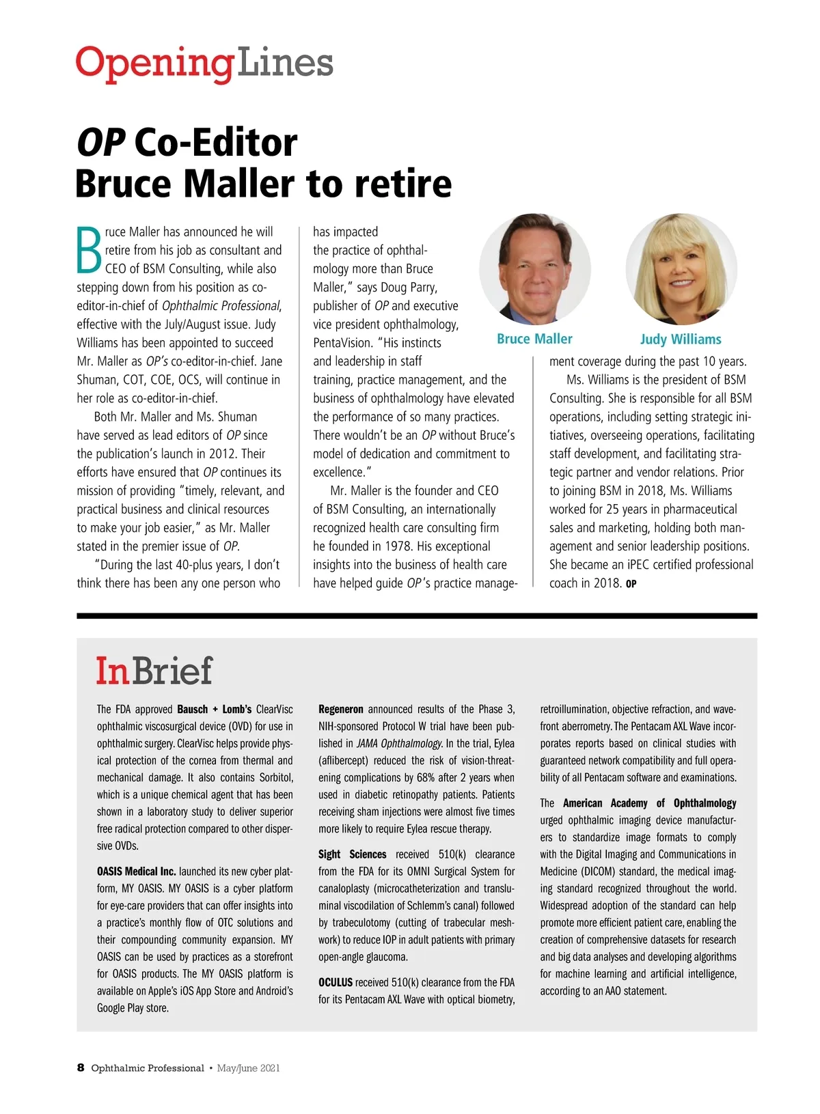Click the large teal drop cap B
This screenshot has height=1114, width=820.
pyautogui.click(x=89, y=249)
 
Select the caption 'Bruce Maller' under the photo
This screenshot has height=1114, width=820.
pyautogui.click(x=534, y=339)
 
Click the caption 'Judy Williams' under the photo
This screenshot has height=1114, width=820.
pyautogui.click(x=681, y=339)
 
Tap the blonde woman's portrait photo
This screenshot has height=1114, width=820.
pyautogui.click(x=681, y=269)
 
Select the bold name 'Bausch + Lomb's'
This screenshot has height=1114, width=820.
pyautogui.click(x=214, y=709)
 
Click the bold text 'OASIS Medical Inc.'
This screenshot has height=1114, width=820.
pyautogui.click(x=137, y=872)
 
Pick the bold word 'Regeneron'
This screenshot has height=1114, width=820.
pyautogui.click(x=341, y=709)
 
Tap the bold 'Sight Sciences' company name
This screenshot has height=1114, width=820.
pyautogui.click(x=352, y=854)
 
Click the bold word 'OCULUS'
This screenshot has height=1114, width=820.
pyautogui.click(x=336, y=982)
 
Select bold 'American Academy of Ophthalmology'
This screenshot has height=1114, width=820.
pyautogui.click(x=649, y=803)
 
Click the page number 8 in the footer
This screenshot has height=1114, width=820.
pyautogui.click(x=81, y=1068)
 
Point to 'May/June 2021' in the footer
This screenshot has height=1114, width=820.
pyautogui.click(x=248, y=1068)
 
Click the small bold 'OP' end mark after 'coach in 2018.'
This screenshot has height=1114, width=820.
pyautogui.click(x=631, y=584)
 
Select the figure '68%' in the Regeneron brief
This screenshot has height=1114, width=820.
pyautogui.click(x=427, y=777)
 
